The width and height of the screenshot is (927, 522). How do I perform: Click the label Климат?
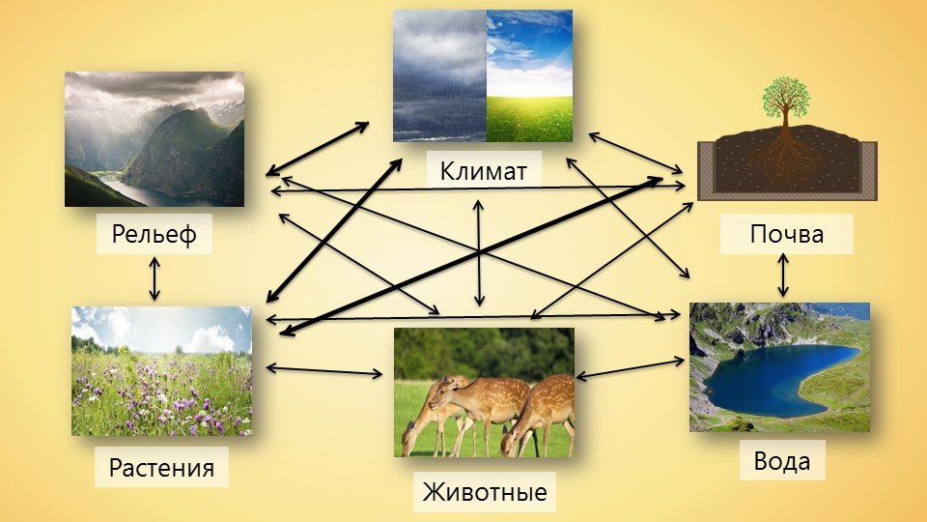(x=483, y=172)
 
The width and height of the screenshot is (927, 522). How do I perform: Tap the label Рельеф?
(x=154, y=234)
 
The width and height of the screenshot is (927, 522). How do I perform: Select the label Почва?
(x=786, y=234)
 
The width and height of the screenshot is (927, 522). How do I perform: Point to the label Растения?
(x=161, y=468)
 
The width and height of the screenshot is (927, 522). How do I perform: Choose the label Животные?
(x=484, y=492)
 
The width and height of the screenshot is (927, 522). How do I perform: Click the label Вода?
(x=781, y=461)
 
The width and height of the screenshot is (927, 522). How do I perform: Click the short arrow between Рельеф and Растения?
(x=154, y=278)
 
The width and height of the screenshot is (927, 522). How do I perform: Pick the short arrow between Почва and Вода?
(x=783, y=275)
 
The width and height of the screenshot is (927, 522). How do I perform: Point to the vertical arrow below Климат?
(x=479, y=252)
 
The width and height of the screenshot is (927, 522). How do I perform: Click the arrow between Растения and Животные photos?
(x=324, y=370)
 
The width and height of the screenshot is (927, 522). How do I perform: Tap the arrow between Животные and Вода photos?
(x=631, y=367)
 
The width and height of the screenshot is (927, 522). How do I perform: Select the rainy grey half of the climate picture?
(x=440, y=75)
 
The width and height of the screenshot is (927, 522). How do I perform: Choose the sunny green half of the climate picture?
(x=529, y=75)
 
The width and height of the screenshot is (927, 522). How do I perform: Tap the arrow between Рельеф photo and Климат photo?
(x=317, y=149)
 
